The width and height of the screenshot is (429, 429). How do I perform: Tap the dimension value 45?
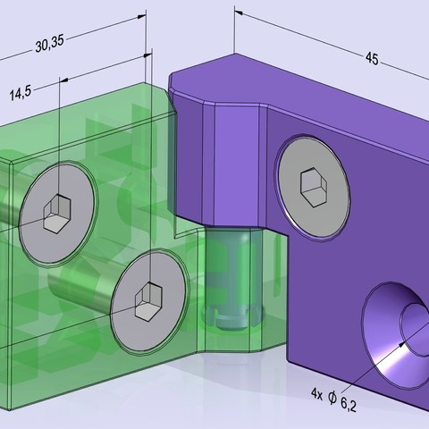pyautogui.click(x=371, y=58)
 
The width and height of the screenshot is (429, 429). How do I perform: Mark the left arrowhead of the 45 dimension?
pyautogui.click(x=240, y=14)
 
